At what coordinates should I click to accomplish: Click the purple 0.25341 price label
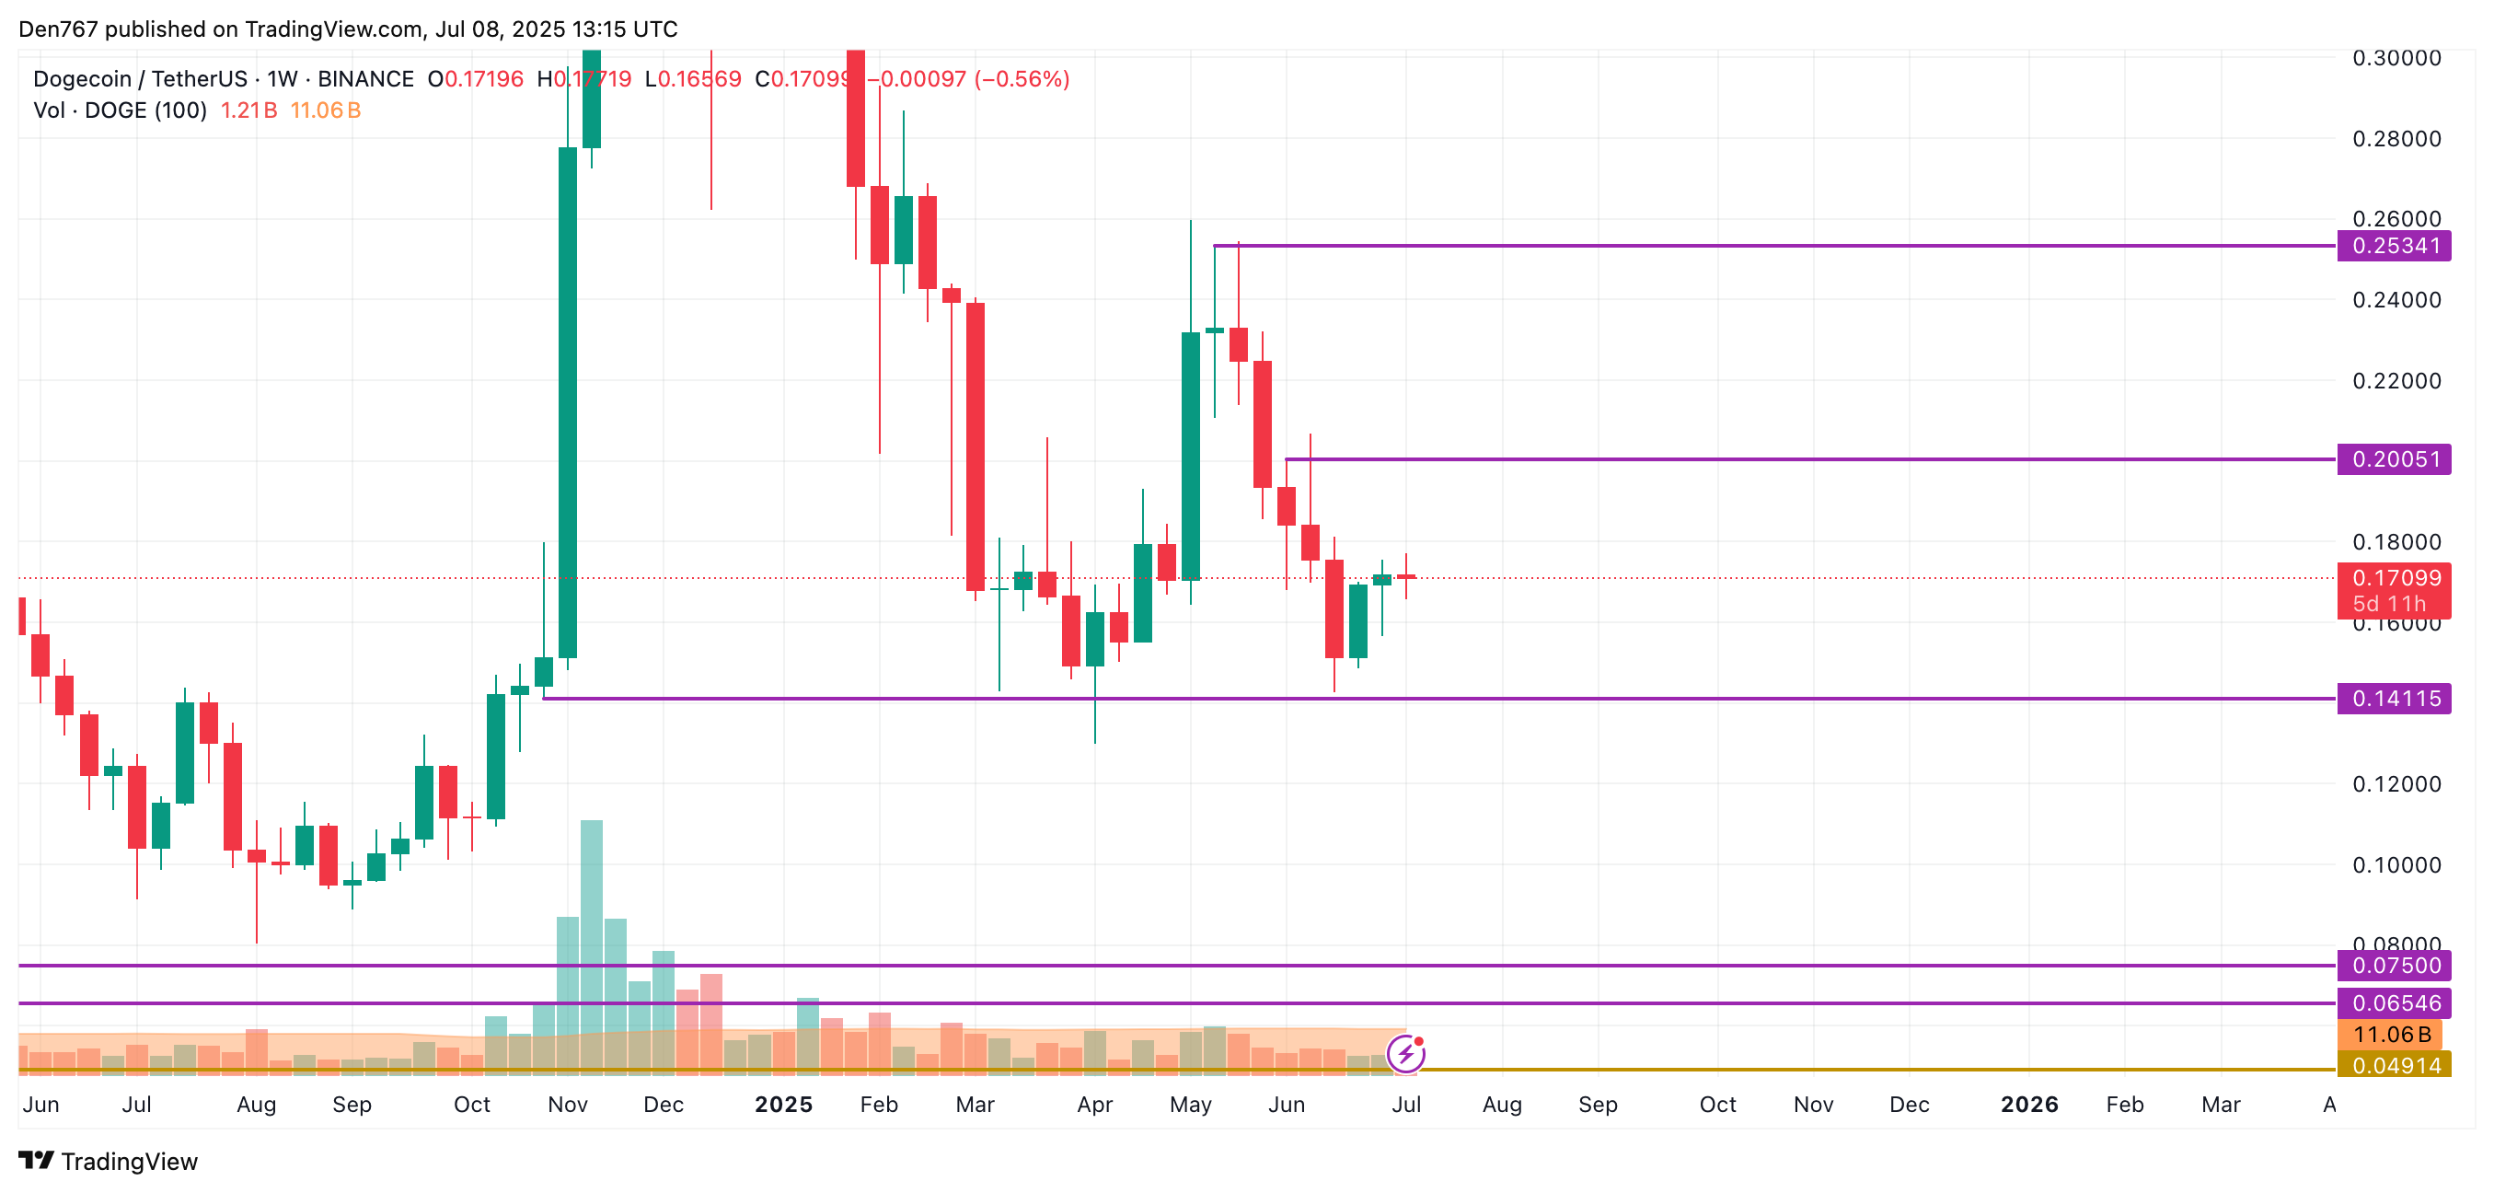coord(2394,246)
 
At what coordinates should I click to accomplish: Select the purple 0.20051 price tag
coord(2394,459)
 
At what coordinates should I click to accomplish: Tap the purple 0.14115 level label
coord(2394,698)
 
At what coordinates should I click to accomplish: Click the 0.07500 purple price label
coord(2394,966)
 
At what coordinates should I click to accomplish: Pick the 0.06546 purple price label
coord(2394,1003)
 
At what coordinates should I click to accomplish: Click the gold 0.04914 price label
coord(2394,1066)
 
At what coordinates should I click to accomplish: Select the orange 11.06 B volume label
coord(2389,1034)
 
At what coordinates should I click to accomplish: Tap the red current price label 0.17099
coord(2394,579)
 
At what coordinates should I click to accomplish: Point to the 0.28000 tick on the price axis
coord(2396,138)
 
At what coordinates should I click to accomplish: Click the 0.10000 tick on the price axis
coord(2396,864)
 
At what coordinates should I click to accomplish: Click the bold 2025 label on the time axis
coord(783,1105)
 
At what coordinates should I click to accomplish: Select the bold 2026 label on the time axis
coord(2029,1105)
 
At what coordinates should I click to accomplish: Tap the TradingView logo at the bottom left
coord(108,1161)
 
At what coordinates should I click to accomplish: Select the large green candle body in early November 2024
coord(569,402)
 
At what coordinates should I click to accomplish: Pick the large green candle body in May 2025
coord(1191,455)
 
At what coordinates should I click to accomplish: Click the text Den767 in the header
coord(58,29)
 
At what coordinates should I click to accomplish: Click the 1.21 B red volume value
coord(248,110)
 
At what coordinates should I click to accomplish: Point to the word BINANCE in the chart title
coord(366,79)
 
